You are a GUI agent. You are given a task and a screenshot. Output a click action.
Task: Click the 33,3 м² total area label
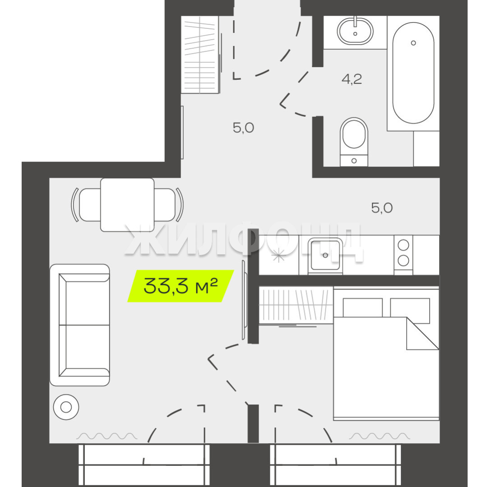click(181, 286)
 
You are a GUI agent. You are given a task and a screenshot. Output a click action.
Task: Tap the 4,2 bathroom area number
click(352, 79)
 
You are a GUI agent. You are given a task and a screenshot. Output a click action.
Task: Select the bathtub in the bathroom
click(413, 73)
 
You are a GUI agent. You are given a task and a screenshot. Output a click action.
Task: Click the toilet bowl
click(354, 142)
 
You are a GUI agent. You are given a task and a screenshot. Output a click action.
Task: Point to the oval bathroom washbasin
click(355, 31)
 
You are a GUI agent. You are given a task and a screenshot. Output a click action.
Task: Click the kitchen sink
click(325, 255)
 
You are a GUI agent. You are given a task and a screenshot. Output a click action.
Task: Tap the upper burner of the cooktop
click(403, 245)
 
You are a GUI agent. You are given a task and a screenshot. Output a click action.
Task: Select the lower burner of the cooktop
click(403, 261)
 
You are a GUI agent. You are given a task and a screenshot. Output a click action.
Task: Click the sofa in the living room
click(80, 325)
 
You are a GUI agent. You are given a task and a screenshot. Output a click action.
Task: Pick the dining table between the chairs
click(127, 205)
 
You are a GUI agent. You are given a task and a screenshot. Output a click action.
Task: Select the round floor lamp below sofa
click(66, 407)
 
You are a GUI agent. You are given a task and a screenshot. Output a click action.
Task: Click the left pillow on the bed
click(363, 308)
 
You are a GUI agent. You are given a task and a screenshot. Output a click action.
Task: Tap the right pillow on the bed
click(410, 311)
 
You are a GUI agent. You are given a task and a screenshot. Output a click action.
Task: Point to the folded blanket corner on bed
click(422, 333)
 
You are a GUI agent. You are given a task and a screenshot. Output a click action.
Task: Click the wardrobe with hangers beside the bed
click(296, 305)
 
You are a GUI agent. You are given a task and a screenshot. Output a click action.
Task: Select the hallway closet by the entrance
click(200, 55)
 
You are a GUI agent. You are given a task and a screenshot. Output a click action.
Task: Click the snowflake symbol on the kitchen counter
click(278, 256)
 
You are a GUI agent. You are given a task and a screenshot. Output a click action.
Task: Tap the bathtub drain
click(413, 43)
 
